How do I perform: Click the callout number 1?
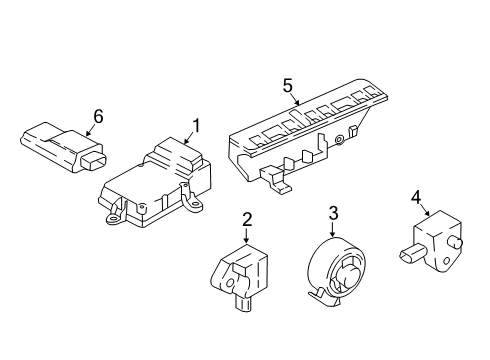pyautogui.click(x=197, y=126)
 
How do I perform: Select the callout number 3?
pyautogui.click(x=335, y=211)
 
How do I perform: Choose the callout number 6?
pyautogui.click(x=98, y=118)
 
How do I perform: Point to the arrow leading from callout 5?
pyautogui.click(x=297, y=99)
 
